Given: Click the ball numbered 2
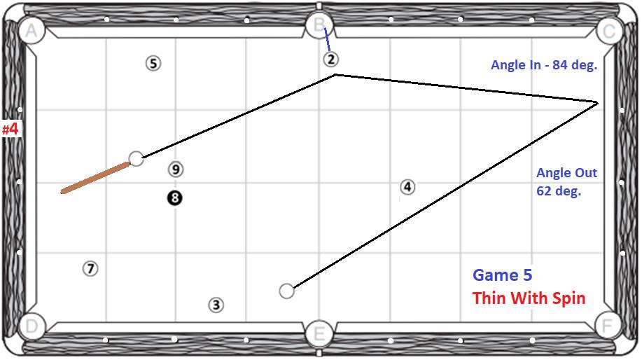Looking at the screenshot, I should pos(331,60).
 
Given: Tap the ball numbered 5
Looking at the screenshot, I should pos(153,64).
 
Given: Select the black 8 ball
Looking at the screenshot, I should pos(174,198).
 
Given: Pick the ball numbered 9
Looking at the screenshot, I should pos(176,169).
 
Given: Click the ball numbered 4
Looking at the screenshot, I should pos(407,187).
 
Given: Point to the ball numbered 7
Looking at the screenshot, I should pos(90,268).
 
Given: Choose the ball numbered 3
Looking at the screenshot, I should pos(216,305).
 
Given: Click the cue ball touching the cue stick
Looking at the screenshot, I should pos(137,158).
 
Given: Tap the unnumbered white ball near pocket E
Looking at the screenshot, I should pos(286,291).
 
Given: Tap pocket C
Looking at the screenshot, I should pos(609,31).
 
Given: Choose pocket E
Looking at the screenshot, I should pos(319,334).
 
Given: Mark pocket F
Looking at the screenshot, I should pos(608,326).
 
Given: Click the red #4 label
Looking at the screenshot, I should pos(10,130).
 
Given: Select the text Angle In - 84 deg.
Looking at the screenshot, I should pos(543,65).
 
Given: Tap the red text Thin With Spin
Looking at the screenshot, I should pos(529,298).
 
